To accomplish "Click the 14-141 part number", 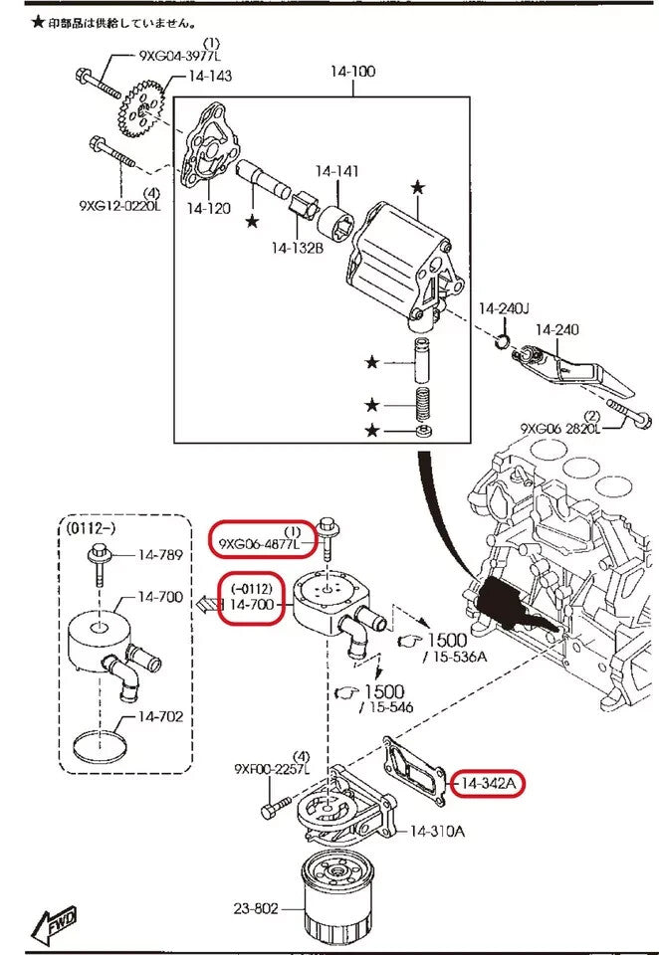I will coord(336,171).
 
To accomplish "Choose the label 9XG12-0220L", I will coord(119,206).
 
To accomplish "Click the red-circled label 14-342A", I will coord(488,784).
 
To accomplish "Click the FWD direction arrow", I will coord(54,926).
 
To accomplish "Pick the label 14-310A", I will coord(437,831).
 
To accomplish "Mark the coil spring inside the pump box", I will coord(426,405).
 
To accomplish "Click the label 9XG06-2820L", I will coord(560,428).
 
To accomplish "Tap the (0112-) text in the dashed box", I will coord(95,527).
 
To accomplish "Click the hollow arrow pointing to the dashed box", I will coord(207,604).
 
